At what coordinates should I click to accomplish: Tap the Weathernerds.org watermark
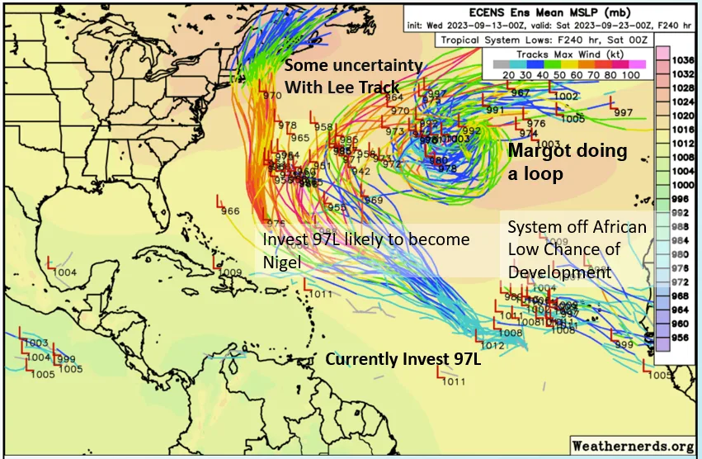632,446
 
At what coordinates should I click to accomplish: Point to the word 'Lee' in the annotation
360,87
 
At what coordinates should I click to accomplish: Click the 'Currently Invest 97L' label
403,359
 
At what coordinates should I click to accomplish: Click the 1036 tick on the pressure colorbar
681,60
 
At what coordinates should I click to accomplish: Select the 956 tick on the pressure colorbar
681,337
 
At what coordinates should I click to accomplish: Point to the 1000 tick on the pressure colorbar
681,185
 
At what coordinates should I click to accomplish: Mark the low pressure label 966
230,211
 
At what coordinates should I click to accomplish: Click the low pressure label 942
361,171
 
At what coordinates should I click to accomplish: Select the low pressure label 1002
566,97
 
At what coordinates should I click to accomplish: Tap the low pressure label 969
374,201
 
